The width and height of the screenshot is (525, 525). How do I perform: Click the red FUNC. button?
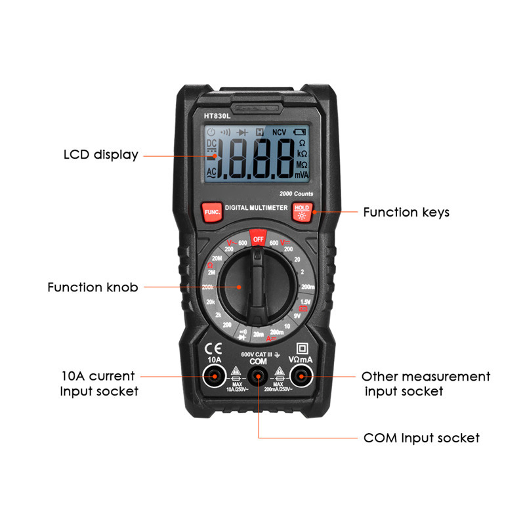click(211, 211)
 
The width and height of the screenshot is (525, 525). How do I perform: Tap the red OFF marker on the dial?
click(258, 238)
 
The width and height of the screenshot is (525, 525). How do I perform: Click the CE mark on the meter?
click(213, 348)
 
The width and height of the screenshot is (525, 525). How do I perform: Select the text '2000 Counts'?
click(296, 194)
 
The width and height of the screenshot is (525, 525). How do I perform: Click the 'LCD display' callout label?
click(101, 156)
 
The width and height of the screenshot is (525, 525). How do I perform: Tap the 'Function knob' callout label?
click(93, 287)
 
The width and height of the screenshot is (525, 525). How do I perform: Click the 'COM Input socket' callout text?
click(421, 438)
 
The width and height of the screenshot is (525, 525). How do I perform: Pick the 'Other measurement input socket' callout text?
click(426, 384)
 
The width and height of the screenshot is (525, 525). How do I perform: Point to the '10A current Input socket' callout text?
click(99, 384)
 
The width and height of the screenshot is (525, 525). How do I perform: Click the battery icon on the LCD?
click(300, 131)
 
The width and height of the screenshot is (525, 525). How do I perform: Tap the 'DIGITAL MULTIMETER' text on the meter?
click(257, 207)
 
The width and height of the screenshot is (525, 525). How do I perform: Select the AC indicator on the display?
click(212, 172)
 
